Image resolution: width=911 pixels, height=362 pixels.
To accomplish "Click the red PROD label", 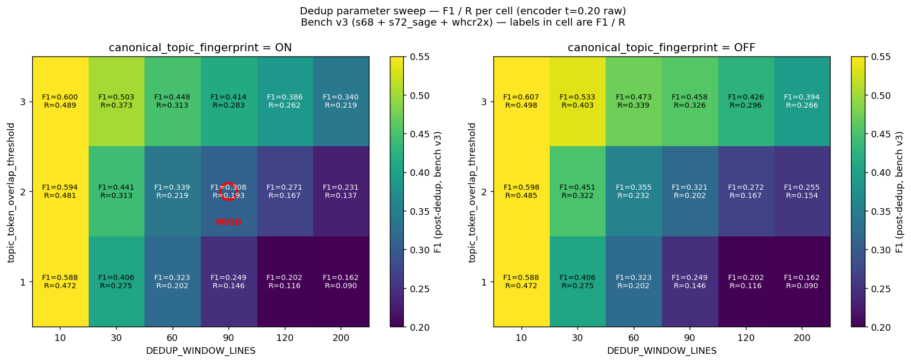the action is point(229,223).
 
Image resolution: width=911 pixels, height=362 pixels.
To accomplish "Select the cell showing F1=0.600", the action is point(60,102).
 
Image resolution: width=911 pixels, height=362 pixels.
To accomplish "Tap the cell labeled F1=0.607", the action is point(521,102).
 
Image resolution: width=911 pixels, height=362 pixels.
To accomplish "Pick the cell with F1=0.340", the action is point(341,102).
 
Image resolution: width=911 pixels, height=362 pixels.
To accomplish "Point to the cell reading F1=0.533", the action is point(577,102).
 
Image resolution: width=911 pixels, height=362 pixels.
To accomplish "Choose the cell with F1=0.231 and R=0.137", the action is point(341,191).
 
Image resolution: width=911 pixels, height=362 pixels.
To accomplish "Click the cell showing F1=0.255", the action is point(802,191).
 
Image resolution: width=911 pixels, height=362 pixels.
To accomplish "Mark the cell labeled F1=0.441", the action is point(116,191).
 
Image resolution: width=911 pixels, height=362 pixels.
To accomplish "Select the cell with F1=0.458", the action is point(690,102).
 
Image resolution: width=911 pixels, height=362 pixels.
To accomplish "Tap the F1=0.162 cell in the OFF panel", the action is point(802,281).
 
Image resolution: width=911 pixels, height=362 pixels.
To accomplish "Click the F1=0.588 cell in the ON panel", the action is point(60,281).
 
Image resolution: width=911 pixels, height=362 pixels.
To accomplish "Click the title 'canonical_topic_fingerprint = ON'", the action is point(200,48).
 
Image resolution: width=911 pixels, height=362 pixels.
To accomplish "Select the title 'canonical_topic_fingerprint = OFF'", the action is point(661,48).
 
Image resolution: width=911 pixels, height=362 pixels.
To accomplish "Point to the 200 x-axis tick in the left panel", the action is point(341,338).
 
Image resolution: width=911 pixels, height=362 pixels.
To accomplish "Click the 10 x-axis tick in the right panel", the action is point(521,338).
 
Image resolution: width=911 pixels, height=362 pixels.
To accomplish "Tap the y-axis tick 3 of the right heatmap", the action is point(484,102).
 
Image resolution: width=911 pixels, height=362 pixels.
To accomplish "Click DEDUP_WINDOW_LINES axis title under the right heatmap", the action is point(661,351).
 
